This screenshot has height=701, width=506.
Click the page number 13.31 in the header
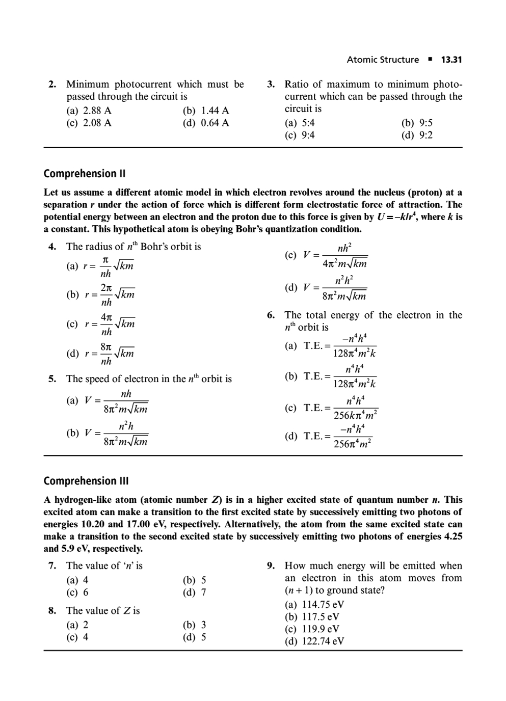pyautogui.click(x=451, y=60)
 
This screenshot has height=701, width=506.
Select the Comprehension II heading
pyautogui.click(x=84, y=174)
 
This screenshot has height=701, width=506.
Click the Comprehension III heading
pyautogui.click(x=86, y=481)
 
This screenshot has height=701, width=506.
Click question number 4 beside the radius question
pyautogui.click(x=52, y=247)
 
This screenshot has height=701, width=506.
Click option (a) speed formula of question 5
pyautogui.click(x=108, y=401)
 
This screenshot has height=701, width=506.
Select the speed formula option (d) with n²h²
pyautogui.click(x=326, y=288)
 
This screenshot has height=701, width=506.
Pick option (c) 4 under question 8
pyautogui.click(x=77, y=637)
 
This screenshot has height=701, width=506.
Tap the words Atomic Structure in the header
pyautogui.click(x=383, y=60)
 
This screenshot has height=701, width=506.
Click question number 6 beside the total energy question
pyautogui.click(x=271, y=315)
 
